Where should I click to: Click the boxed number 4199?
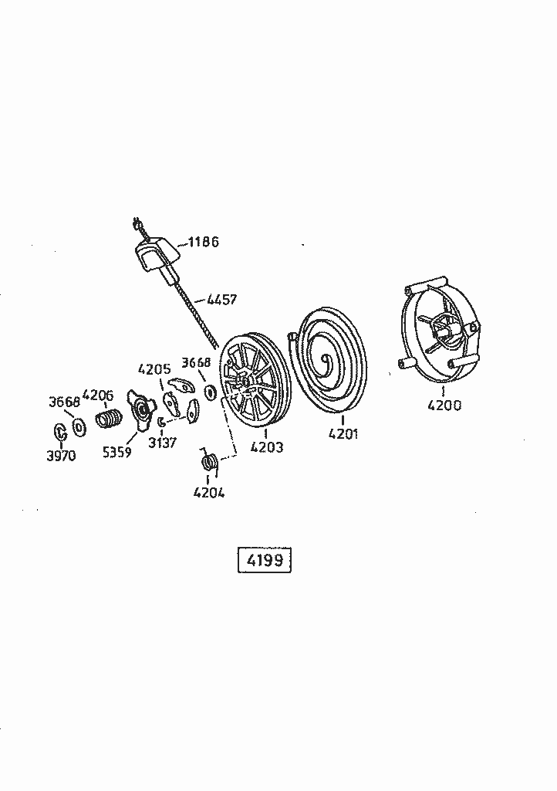click(263, 560)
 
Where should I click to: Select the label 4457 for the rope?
click(221, 299)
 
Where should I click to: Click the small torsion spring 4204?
click(208, 461)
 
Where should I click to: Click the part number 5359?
click(116, 452)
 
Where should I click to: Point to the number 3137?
click(163, 442)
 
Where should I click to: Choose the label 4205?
click(154, 368)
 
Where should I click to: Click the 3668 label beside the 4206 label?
click(64, 402)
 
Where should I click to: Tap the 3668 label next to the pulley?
click(196, 362)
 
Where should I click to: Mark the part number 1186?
click(203, 242)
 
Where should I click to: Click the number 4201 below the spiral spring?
click(343, 433)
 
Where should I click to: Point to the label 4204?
click(208, 492)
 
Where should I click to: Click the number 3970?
click(60, 456)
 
